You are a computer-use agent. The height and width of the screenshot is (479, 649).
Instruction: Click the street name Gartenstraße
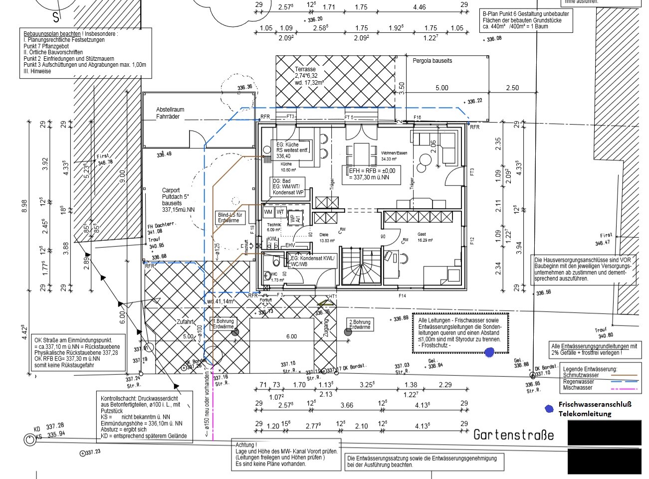click(x=513, y=435)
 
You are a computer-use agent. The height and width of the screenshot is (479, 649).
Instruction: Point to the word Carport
click(x=171, y=190)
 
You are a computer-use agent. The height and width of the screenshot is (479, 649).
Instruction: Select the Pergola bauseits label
click(x=432, y=61)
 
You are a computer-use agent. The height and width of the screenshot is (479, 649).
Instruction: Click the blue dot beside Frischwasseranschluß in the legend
click(x=549, y=409)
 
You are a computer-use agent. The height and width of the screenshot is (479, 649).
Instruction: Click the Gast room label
click(x=422, y=234)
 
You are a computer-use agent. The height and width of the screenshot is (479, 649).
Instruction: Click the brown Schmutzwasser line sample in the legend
click(x=624, y=375)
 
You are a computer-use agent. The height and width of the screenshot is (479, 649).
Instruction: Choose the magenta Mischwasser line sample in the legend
click(x=624, y=388)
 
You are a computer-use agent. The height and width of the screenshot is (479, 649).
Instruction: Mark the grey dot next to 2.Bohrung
click(x=348, y=331)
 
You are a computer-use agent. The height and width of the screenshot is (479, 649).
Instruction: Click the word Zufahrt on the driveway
click(x=185, y=322)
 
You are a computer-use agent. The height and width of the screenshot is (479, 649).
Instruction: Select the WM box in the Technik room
click(x=268, y=212)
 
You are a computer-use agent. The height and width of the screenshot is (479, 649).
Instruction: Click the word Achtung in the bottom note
click(x=246, y=445)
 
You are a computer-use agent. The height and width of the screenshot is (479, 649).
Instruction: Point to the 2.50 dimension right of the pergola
click(x=512, y=88)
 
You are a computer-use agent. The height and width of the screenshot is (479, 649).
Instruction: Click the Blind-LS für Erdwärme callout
click(x=229, y=217)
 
